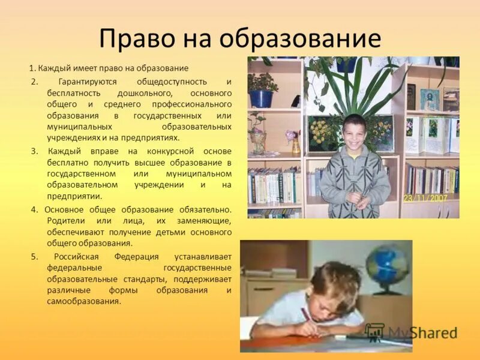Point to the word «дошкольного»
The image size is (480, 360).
(146, 93)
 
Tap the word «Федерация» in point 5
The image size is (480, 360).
(128, 256)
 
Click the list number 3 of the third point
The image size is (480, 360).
(34, 151)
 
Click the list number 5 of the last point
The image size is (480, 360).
(34, 256)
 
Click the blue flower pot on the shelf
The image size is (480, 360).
(261, 98)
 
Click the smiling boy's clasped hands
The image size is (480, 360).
(361, 200)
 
